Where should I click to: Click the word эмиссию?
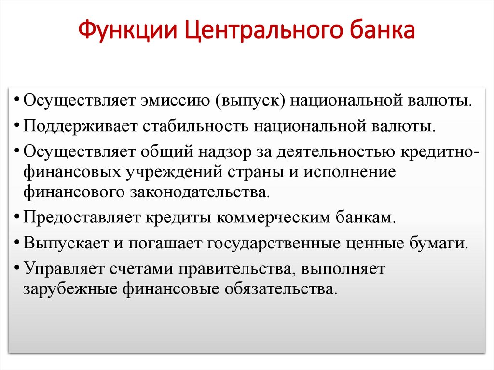tap(176, 101)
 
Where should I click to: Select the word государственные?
tap(274, 243)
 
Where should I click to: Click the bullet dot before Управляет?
tap(17, 266)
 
